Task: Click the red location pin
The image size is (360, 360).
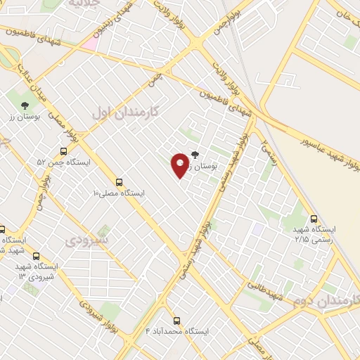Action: coord(180,165)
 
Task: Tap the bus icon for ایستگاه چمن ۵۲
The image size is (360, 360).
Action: coord(64,150)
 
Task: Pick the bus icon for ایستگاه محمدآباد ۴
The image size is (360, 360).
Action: coord(176,319)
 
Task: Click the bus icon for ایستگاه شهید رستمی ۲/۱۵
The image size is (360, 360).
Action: coord(314,218)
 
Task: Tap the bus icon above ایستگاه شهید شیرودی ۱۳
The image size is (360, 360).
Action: coord(36,257)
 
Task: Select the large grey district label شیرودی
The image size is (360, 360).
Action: coord(88,240)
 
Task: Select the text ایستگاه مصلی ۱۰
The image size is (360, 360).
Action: coord(119,193)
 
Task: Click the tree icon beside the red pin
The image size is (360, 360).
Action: coord(195,155)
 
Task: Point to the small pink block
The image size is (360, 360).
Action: coord(89,44)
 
